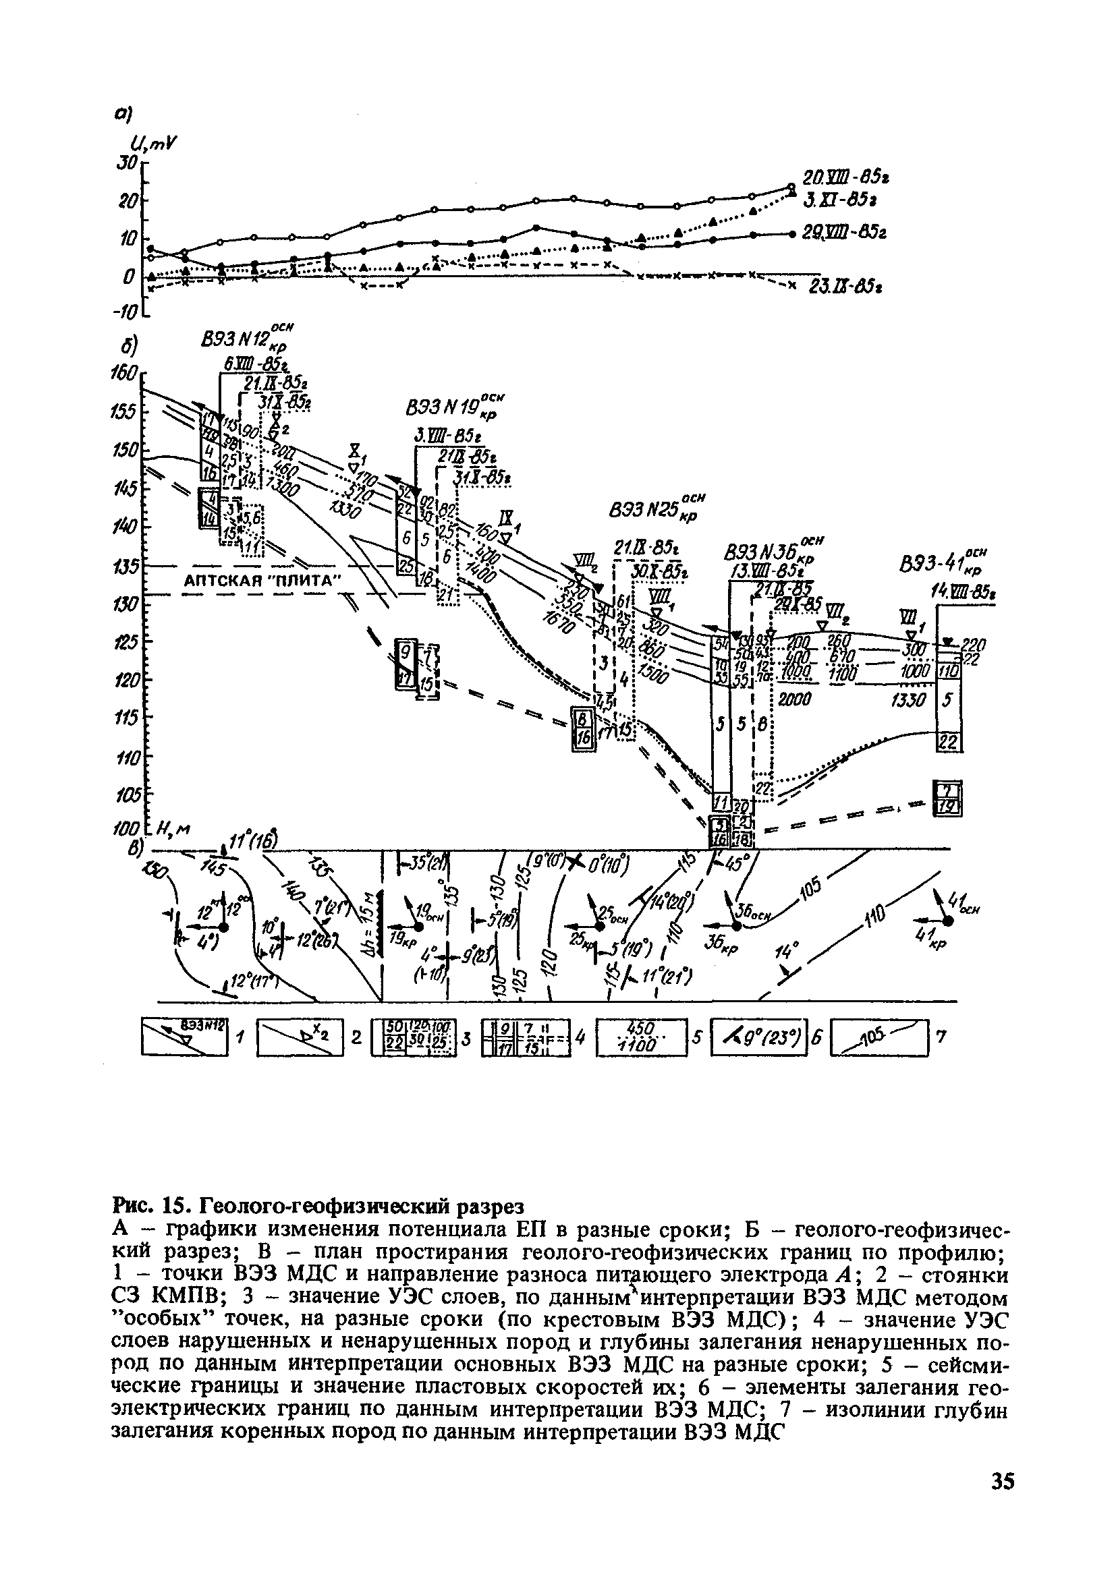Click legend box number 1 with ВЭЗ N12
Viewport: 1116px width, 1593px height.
pos(184,1037)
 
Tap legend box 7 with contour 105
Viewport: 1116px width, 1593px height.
pos(878,1037)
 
